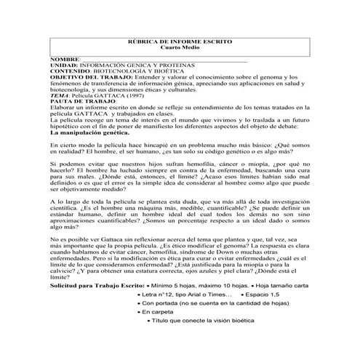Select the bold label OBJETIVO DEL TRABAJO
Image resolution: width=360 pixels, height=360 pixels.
(92, 77)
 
